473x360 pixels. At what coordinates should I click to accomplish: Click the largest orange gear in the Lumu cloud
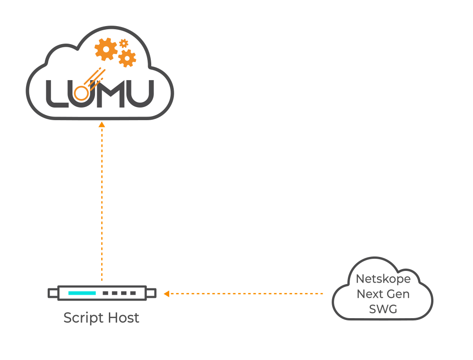click(106, 49)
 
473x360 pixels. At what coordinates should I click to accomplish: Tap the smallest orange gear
click(124, 43)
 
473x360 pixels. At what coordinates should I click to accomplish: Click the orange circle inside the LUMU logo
click(81, 93)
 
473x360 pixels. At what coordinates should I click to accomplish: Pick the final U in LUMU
click(142, 94)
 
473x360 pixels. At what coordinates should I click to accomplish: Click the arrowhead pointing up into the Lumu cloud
click(102, 125)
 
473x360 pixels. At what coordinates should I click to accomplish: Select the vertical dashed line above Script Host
click(102, 202)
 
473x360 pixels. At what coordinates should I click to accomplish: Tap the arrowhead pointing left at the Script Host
click(166, 294)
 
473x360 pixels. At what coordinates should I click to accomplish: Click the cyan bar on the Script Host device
click(82, 293)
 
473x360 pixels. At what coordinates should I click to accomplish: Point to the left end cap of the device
click(53, 293)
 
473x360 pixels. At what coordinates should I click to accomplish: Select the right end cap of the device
click(151, 293)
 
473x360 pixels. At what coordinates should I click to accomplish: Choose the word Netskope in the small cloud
click(383, 279)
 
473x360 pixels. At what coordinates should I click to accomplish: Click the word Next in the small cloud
click(369, 294)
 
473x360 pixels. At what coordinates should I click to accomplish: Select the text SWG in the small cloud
click(383, 309)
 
